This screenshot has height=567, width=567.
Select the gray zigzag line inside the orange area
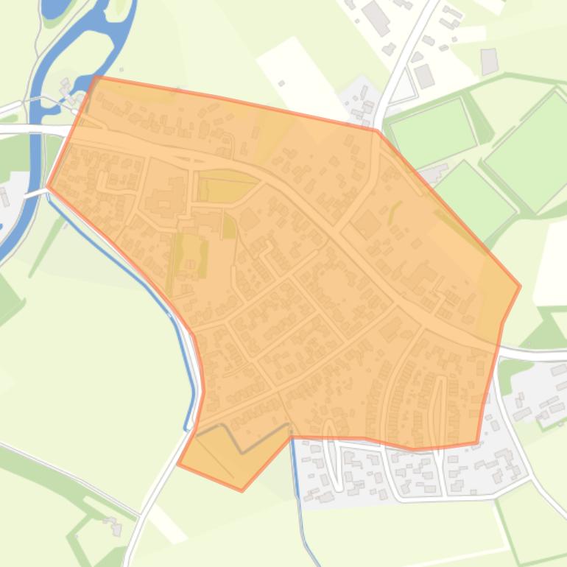243,437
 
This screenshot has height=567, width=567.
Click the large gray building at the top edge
376,18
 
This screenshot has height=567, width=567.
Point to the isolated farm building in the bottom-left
112,524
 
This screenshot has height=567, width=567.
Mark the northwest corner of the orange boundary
96,77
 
